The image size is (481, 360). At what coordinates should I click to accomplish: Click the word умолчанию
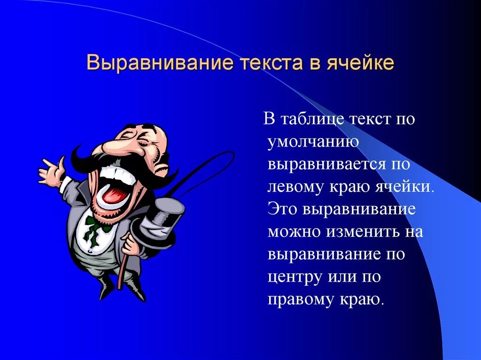coord(314,142)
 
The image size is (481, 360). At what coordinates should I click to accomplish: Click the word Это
coord(283,209)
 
